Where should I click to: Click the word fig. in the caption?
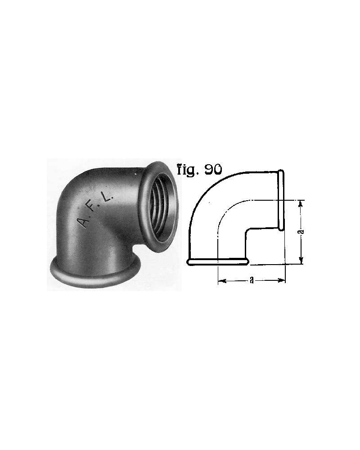click(x=188, y=171)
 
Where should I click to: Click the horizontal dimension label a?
click(x=252, y=280)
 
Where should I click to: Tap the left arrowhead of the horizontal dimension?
click(x=221, y=280)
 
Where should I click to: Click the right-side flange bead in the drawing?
click(x=281, y=200)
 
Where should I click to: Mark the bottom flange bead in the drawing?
click(x=218, y=261)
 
